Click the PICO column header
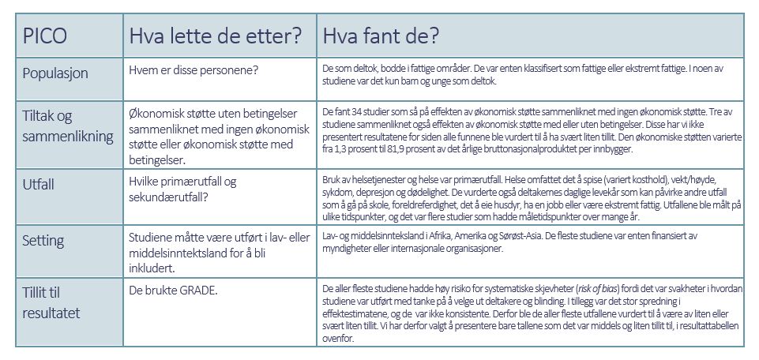(44, 36)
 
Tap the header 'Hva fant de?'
(379, 36)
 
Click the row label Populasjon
(54, 73)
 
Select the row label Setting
(44, 241)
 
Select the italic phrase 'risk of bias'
(596, 287)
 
